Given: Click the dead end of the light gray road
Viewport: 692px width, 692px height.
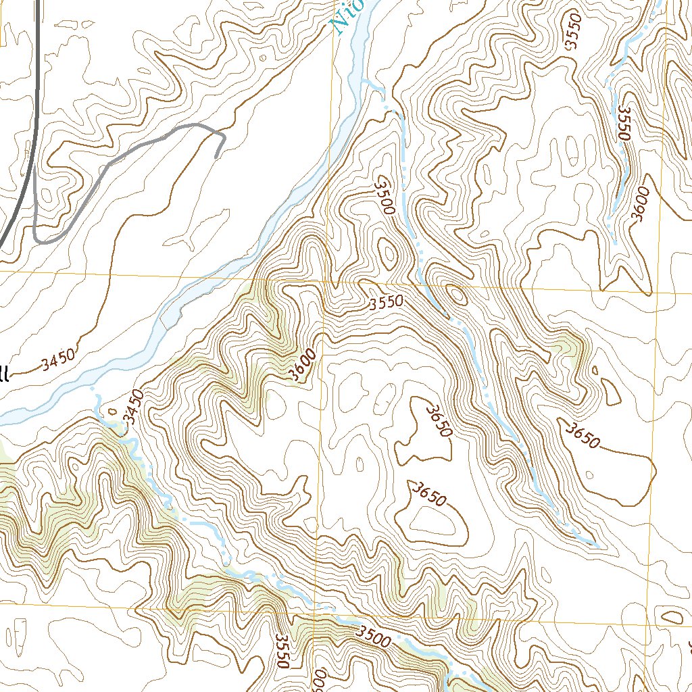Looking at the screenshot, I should tap(216, 157).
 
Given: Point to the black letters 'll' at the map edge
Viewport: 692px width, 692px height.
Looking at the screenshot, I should tap(4, 374).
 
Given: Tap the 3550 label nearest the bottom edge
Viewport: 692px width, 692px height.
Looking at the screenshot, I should tap(282, 651).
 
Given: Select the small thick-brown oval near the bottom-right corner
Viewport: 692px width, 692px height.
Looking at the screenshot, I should tap(672, 617).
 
